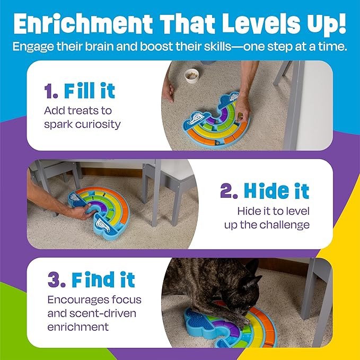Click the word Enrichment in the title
pyautogui.click(x=83, y=24)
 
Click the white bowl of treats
pyautogui.click(x=191, y=76)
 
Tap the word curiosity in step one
pyautogui.click(x=98, y=125)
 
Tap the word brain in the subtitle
pyautogui.click(x=100, y=47)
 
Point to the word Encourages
pyautogui.click(x=78, y=300)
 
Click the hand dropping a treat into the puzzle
pyautogui.click(x=242, y=110)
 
